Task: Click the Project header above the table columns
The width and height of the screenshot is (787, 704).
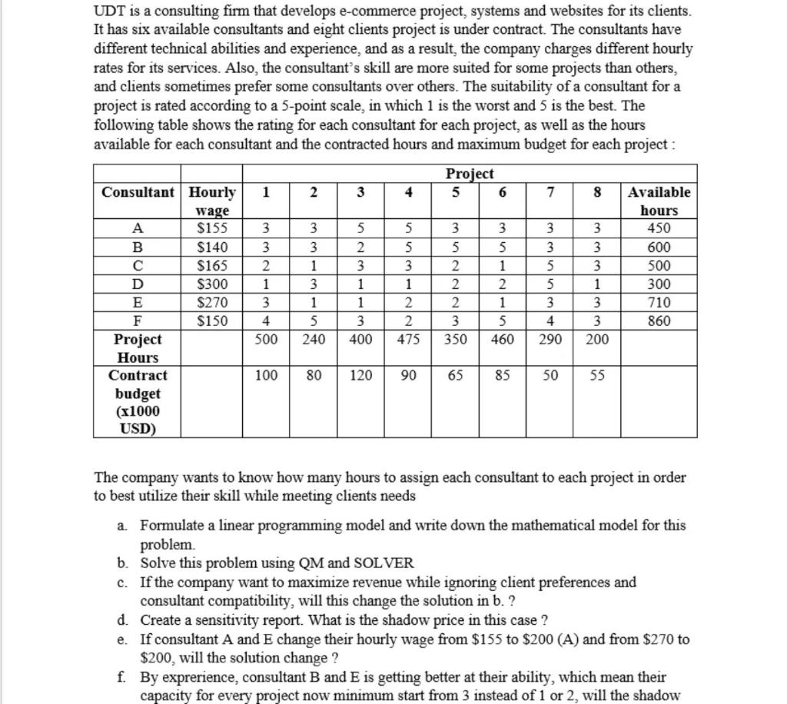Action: [x=470, y=174]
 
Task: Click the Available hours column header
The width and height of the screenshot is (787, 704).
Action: [x=659, y=201]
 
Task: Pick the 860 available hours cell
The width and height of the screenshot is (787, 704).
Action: [x=659, y=321]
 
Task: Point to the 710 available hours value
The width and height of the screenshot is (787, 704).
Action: [x=659, y=303]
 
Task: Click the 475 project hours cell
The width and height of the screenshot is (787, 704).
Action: [x=408, y=339]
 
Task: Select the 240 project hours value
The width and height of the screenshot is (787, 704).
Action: [x=313, y=339]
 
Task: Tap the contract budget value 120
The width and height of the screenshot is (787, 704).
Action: [x=360, y=376]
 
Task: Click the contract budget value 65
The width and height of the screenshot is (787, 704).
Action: [x=455, y=376]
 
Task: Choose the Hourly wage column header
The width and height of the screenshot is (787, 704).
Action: [x=213, y=201]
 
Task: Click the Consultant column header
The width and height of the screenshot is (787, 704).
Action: [x=138, y=192]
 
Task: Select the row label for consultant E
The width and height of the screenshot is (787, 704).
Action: [x=138, y=303]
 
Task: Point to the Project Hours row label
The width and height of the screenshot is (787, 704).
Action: [x=138, y=348]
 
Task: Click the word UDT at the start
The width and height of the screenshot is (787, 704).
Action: [x=108, y=12]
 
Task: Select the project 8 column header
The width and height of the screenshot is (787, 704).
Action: [x=597, y=192]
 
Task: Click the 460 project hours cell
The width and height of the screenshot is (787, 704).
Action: [x=502, y=339]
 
